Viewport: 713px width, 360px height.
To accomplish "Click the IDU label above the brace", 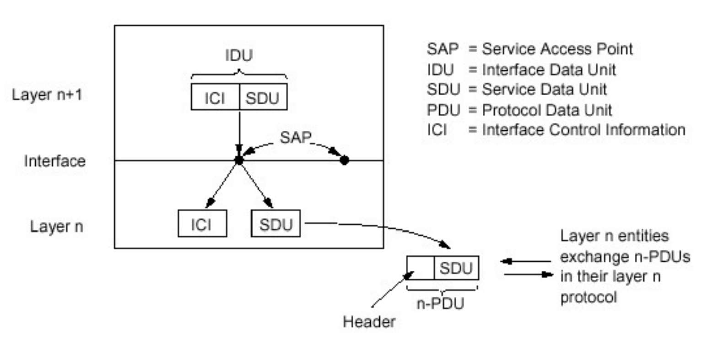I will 238,55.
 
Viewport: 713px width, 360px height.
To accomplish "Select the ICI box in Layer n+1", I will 215,97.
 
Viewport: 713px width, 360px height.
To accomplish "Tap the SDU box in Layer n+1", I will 263,97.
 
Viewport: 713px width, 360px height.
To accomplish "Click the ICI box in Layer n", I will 202,224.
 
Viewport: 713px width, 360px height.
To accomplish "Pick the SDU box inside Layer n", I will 275,224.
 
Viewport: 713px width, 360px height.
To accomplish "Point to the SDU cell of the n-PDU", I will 456,268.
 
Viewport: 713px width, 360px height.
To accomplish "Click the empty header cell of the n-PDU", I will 420,268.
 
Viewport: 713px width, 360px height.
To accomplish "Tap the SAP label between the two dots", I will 295,137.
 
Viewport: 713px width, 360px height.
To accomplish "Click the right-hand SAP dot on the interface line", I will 345,160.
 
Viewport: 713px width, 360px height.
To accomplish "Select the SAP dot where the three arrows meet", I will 238,160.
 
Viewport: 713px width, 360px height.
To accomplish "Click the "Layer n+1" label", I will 47,95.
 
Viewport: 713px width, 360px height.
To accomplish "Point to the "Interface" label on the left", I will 54,161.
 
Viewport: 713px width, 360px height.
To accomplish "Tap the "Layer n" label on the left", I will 56,226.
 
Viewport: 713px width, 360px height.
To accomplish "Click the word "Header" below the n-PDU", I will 369,322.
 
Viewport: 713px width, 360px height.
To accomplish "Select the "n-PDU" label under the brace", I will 440,303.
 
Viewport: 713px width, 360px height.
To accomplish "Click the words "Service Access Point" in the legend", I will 557,49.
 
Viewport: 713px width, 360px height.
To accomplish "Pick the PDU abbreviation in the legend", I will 443,110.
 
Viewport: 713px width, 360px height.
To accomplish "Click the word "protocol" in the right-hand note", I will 589,297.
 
